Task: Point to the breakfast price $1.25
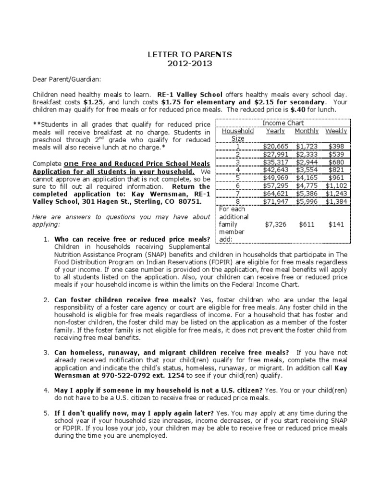coord(93,102)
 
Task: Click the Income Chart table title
coord(283,123)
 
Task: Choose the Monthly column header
coord(306,131)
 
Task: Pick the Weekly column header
coord(336,131)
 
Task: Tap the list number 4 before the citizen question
coord(46,390)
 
